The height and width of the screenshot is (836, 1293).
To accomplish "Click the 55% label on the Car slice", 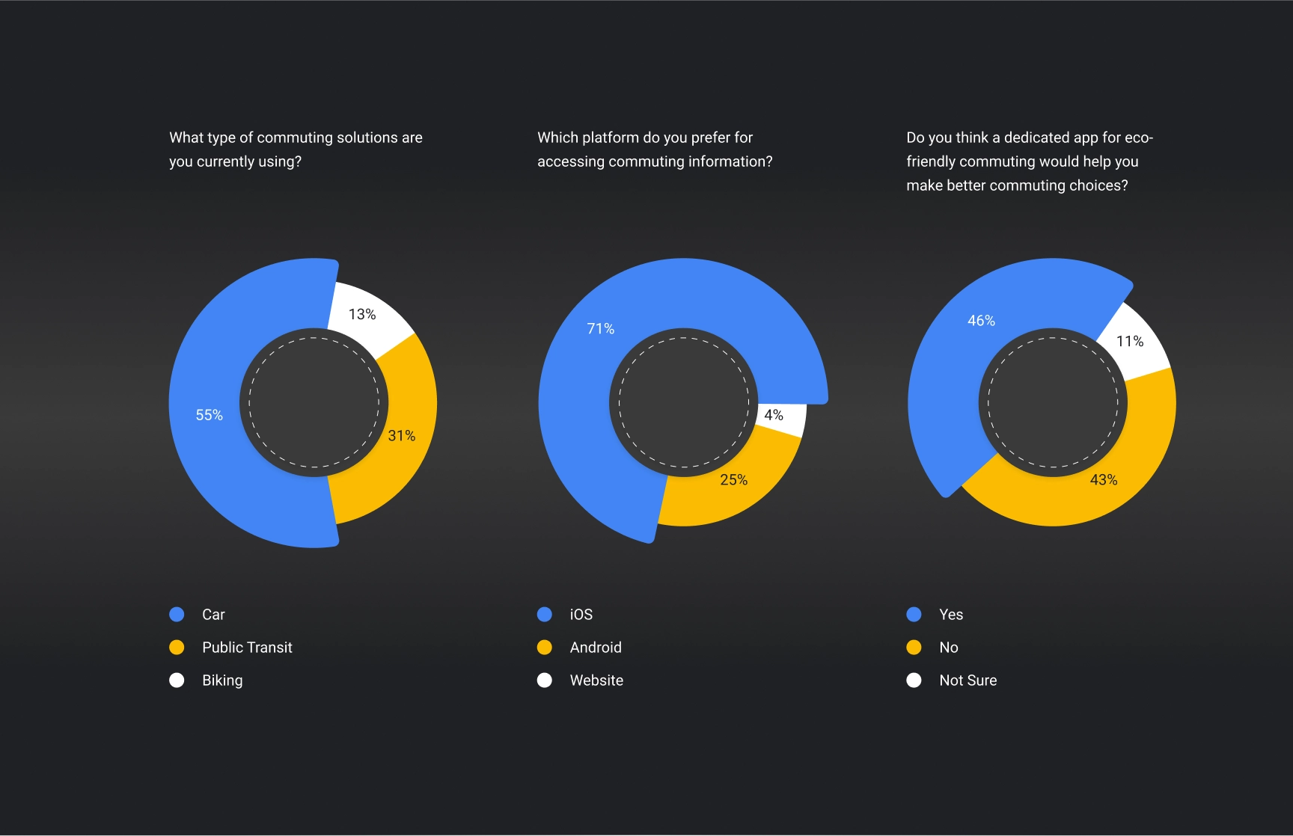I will click(x=210, y=415).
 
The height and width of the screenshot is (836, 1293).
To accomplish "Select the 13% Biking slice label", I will click(x=362, y=315).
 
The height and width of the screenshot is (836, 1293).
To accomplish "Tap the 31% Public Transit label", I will click(x=402, y=436).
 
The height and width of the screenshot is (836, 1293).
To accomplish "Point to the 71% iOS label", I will click(x=601, y=329).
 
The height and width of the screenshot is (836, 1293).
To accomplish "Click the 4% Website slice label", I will click(x=774, y=415).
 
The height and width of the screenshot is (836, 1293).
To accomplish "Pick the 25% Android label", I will click(x=734, y=480).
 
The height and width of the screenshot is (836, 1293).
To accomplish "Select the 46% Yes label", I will click(x=982, y=321).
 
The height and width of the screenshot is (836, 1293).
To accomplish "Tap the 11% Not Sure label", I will click(x=1130, y=342).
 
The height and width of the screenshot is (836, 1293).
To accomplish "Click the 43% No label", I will click(x=1104, y=480).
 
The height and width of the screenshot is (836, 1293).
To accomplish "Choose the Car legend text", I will click(x=213, y=615).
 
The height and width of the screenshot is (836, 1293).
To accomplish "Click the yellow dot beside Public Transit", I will click(x=177, y=648).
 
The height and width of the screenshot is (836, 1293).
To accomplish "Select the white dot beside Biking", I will click(x=177, y=680).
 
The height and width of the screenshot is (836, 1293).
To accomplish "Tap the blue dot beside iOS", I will click(x=545, y=615).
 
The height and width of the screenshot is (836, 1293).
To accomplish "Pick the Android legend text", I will click(x=596, y=648).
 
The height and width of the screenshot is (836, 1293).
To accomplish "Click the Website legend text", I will click(x=596, y=680).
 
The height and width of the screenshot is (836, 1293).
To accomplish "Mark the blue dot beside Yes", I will click(x=914, y=615).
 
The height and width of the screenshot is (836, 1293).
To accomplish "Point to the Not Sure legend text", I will click(x=968, y=680).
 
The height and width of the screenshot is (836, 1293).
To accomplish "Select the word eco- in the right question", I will click(x=1139, y=138).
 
